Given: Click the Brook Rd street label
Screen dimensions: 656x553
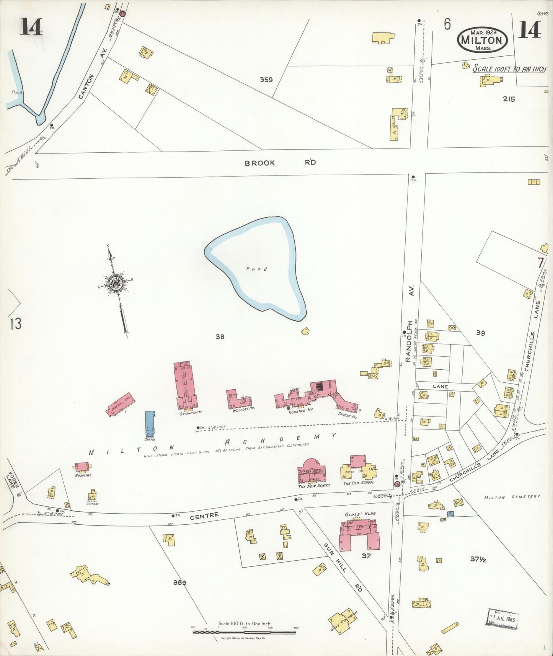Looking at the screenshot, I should click(x=280, y=163).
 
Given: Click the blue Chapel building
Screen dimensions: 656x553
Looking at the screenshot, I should click(x=150, y=424).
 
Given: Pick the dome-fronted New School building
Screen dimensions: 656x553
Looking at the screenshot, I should click(x=312, y=471).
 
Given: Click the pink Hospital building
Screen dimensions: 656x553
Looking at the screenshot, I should click(x=83, y=467).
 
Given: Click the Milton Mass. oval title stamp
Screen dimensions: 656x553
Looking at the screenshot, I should click(x=482, y=40).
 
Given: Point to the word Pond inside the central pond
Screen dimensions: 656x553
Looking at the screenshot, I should click(x=256, y=269).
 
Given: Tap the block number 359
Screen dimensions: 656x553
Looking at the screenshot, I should click(x=266, y=80).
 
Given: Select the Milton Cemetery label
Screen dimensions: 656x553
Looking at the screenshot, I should click(x=512, y=497).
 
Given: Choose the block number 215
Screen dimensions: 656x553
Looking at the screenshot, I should click(x=509, y=99).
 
